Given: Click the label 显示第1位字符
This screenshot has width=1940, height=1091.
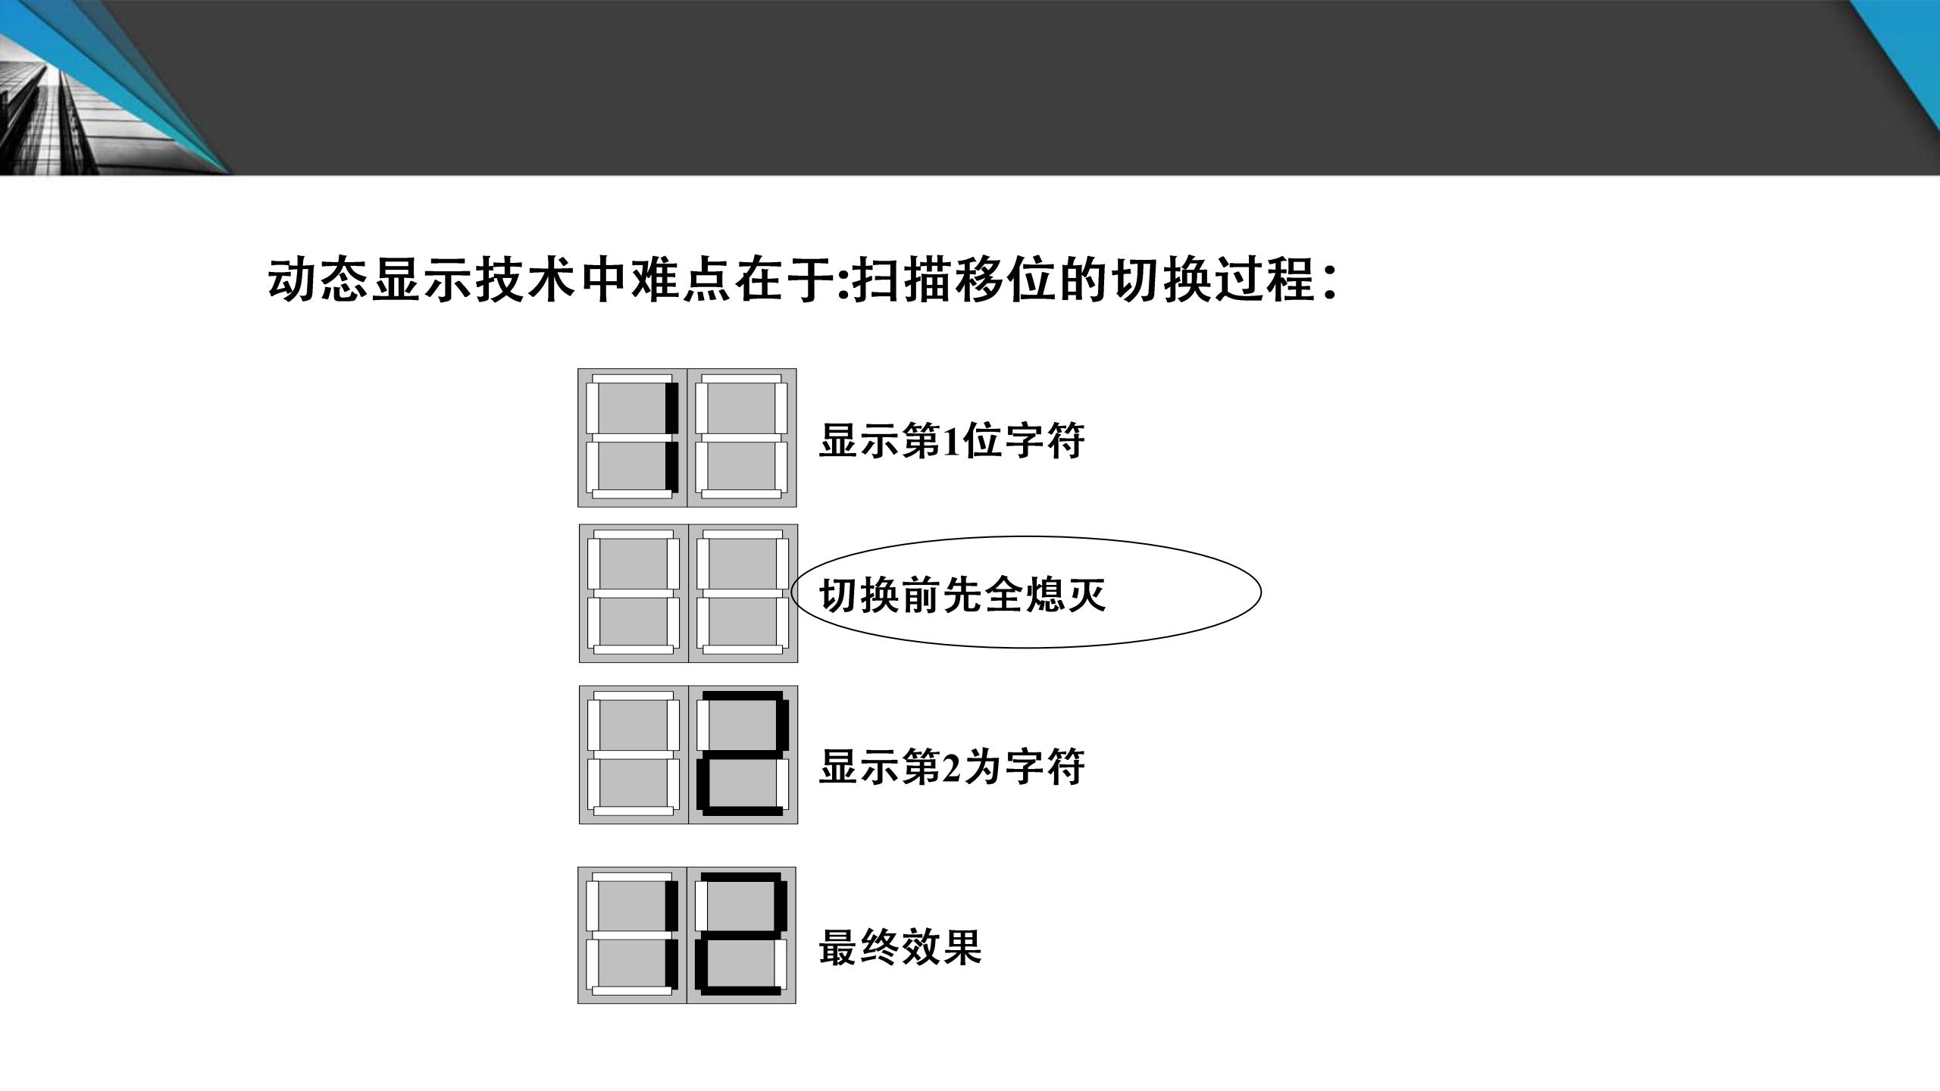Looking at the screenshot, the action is coord(951,440).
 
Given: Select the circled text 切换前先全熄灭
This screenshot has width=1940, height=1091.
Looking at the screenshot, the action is coord(962,595).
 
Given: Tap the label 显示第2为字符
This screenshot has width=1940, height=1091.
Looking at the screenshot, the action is coord(951,767).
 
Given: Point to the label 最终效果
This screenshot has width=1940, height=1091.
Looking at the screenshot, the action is coord(900,947).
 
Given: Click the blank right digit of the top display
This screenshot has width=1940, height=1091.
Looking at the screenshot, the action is coord(742,438).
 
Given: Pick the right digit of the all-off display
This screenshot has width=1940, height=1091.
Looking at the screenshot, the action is coord(743,593).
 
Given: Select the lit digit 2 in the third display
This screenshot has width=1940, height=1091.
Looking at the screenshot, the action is coord(743,755).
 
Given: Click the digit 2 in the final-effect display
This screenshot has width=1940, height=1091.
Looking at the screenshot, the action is coord(742,936).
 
